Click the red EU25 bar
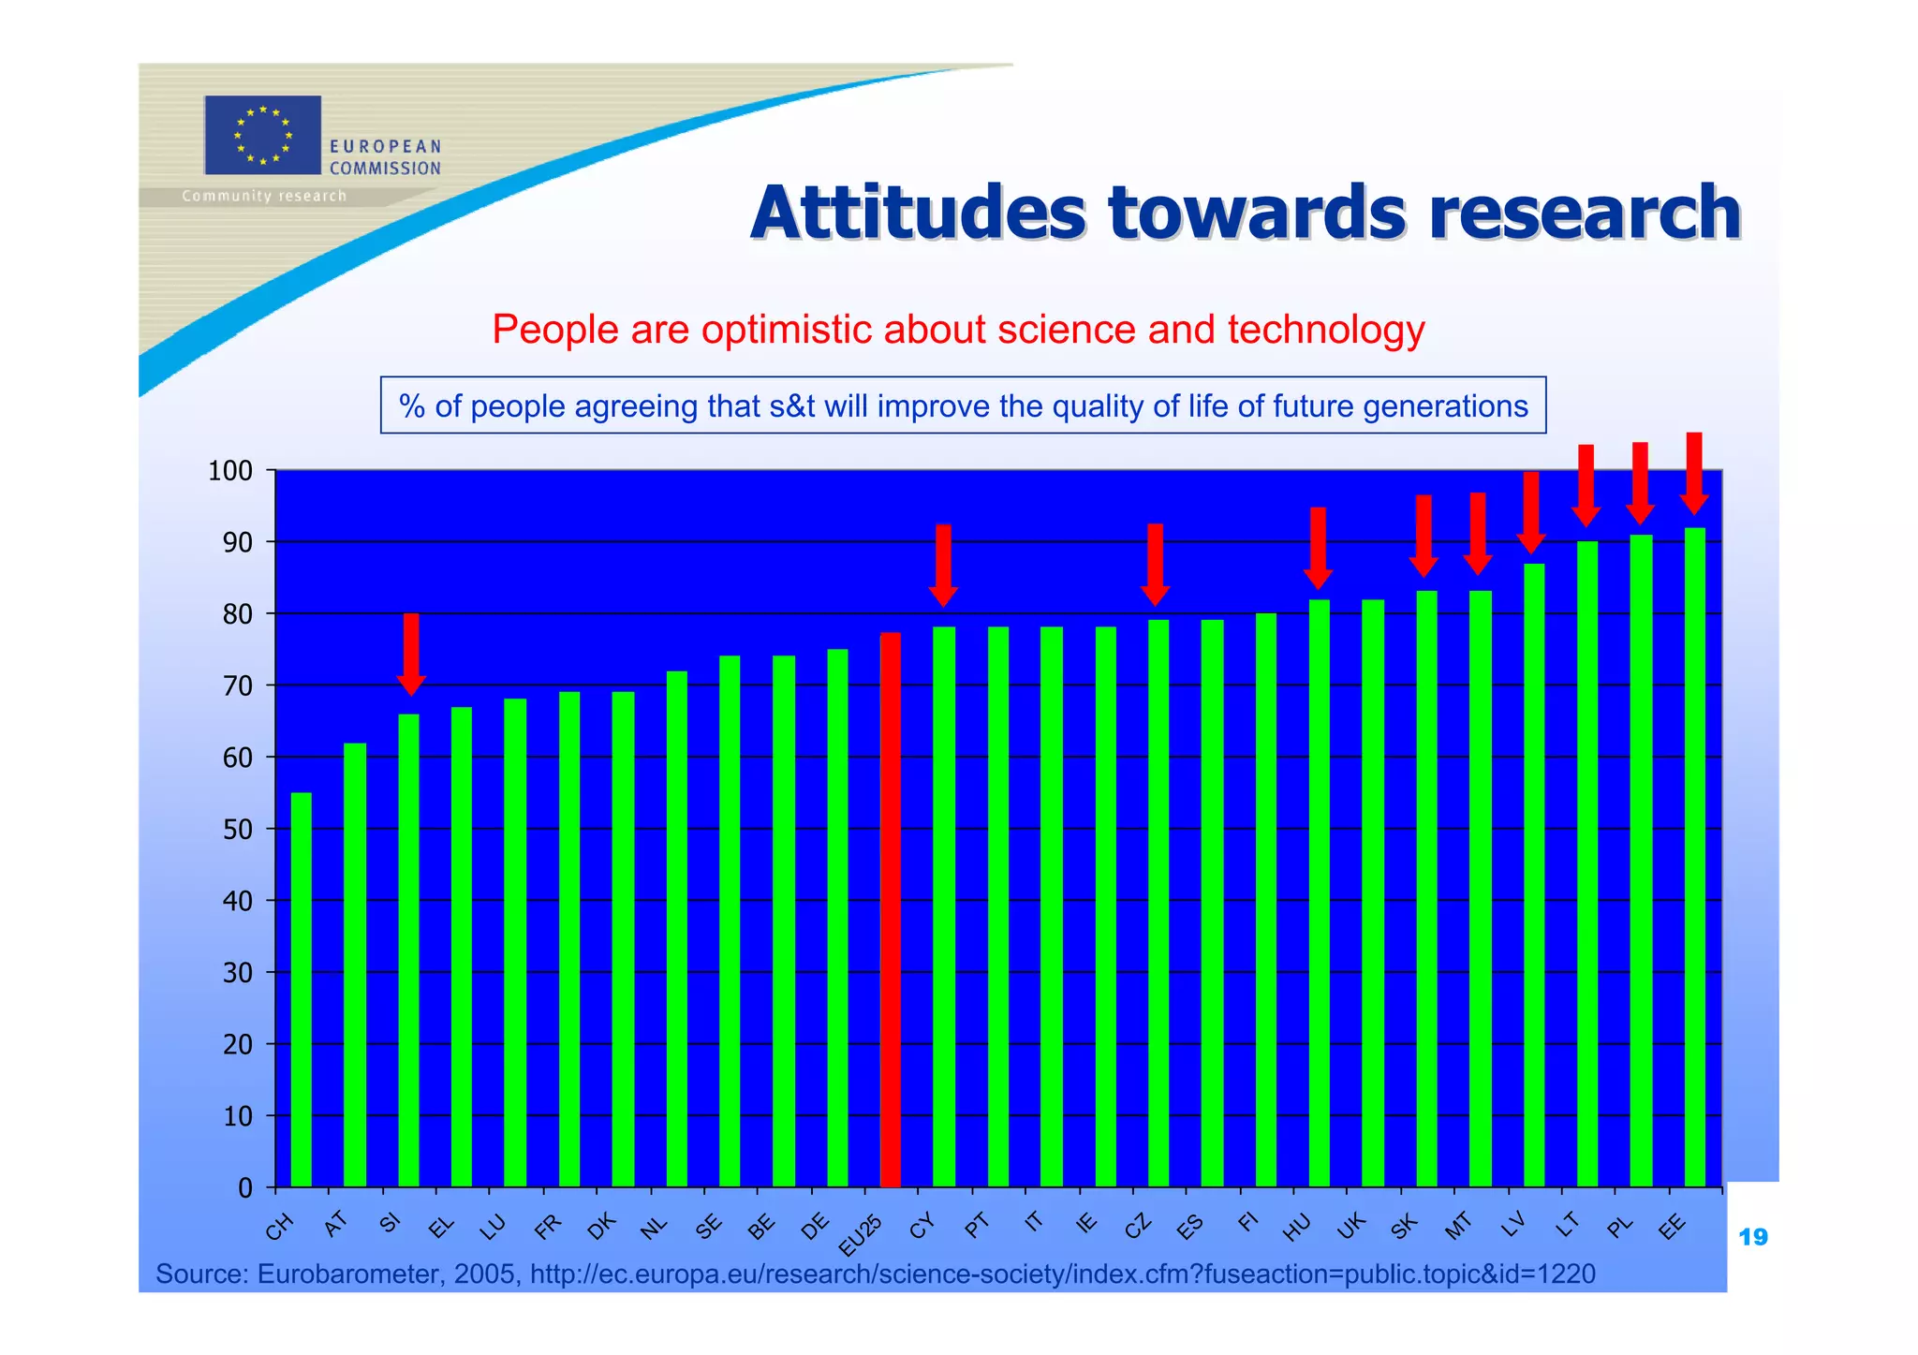click(890, 908)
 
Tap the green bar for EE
click(1694, 857)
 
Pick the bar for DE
click(837, 918)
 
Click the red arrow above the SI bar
click(410, 654)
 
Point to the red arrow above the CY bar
click(943, 565)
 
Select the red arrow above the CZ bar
click(1155, 565)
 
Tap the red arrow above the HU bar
click(1318, 548)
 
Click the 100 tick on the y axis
click(230, 471)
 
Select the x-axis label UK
click(1352, 1226)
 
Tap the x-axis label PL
click(1620, 1226)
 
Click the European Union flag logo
click(262, 135)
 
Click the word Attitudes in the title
click(918, 213)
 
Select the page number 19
click(1752, 1238)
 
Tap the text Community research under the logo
click(264, 196)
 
